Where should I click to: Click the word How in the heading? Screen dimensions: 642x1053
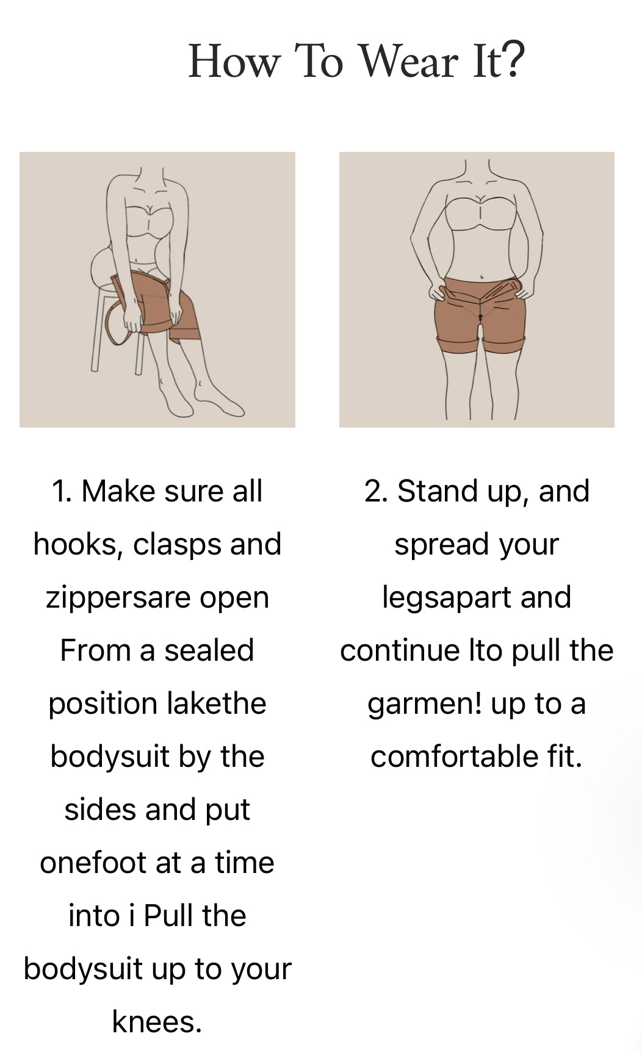[235, 61]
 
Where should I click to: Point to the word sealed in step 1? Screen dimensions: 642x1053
[209, 650]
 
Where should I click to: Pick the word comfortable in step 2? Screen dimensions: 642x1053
[454, 757]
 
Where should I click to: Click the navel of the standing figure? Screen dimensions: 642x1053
[482, 276]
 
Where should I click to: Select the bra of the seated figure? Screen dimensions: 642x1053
[150, 219]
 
